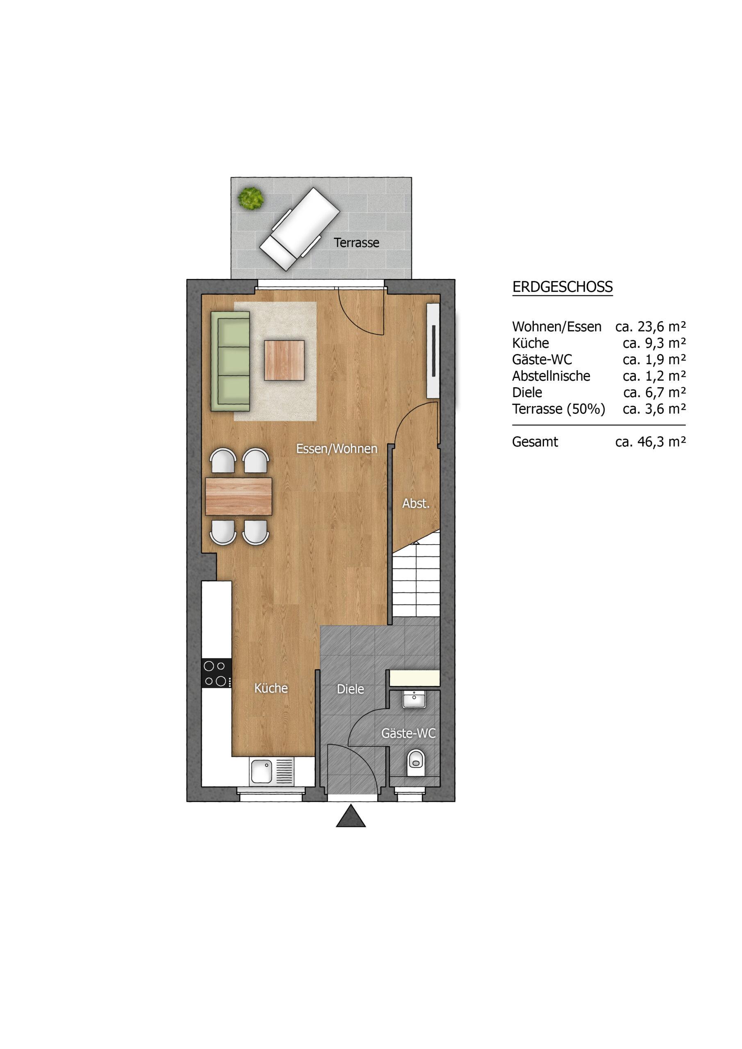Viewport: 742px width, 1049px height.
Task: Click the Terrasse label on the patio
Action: coord(357,243)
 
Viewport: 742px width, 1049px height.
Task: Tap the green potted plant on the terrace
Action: coord(251,199)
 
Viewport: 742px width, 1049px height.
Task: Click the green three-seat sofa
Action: coord(230,361)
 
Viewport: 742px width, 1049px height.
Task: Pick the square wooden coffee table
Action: coord(285,360)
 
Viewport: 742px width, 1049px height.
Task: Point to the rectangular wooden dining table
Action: coord(239,496)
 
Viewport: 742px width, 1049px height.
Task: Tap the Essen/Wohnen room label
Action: coord(337,449)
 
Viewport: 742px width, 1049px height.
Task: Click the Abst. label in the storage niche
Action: coord(416,504)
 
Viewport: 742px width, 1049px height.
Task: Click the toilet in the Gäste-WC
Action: coord(416,763)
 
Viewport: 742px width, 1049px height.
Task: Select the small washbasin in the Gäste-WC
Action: coord(415,699)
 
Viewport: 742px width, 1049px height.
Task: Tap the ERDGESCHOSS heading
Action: coord(562,287)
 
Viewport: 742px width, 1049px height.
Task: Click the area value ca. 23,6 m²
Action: coord(651,327)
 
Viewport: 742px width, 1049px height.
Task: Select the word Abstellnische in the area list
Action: coord(551,376)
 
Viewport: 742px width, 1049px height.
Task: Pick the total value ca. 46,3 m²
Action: coord(651,442)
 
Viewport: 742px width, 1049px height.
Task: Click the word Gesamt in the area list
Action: coord(535,442)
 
